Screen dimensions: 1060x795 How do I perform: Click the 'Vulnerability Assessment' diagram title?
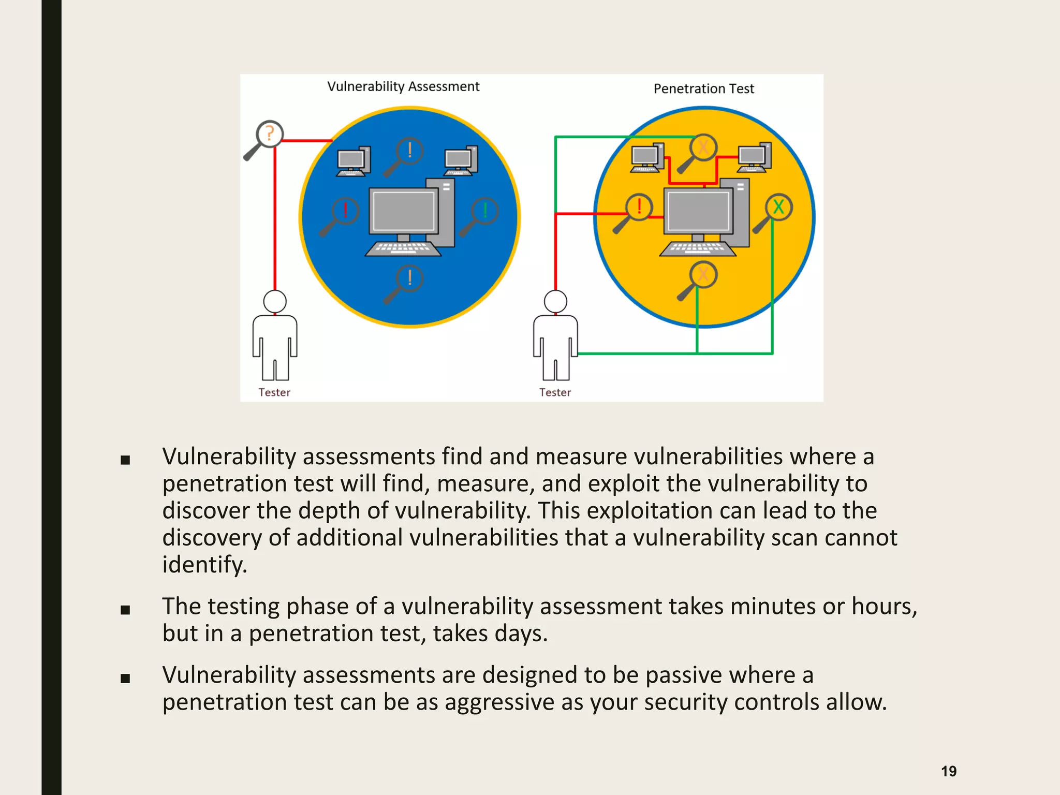[403, 86]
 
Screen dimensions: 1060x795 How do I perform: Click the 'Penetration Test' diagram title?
[703, 89]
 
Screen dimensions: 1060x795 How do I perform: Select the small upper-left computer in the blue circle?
[354, 161]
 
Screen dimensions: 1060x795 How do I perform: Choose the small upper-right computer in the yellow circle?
[754, 157]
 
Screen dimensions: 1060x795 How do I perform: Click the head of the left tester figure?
[274, 301]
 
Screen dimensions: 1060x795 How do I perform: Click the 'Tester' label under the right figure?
[555, 392]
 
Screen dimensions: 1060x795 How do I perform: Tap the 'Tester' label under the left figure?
[274, 392]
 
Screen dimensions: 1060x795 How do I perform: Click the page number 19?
[948, 771]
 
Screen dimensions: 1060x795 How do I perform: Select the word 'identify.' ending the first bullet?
[204, 564]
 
